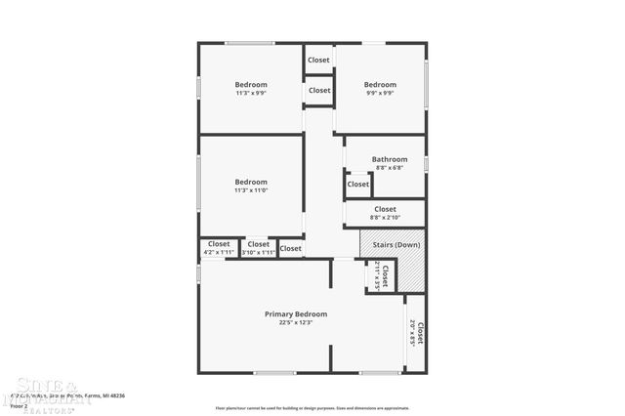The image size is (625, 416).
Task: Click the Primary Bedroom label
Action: pyautogui.click(x=296, y=313)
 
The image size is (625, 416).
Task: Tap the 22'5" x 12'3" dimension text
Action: pyautogui.click(x=296, y=322)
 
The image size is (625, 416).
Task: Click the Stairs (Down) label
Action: pyautogui.click(x=396, y=244)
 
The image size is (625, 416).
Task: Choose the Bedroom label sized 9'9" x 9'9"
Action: pyautogui.click(x=380, y=84)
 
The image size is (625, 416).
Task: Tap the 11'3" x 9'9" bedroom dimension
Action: pyautogui.click(x=251, y=93)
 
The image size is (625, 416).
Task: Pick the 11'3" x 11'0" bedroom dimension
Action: pyautogui.click(x=251, y=190)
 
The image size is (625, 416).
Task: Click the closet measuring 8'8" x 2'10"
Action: pyautogui.click(x=385, y=212)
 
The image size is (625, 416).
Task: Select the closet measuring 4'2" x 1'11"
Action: pyautogui.click(x=219, y=248)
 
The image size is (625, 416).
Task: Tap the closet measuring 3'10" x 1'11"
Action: pyautogui.click(x=259, y=248)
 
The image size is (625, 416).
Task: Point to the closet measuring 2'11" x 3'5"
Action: pyautogui.click(x=383, y=276)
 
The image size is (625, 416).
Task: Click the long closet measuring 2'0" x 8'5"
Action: pyautogui.click(x=417, y=334)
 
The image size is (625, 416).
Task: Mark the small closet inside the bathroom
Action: pyautogui.click(x=358, y=184)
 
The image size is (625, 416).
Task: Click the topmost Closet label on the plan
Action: pyautogui.click(x=319, y=60)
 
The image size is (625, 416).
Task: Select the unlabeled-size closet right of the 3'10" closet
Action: pyautogui.click(x=291, y=248)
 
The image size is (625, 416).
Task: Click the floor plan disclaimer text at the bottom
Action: pyautogui.click(x=312, y=407)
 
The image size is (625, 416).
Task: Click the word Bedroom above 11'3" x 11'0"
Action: pyautogui.click(x=251, y=182)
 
